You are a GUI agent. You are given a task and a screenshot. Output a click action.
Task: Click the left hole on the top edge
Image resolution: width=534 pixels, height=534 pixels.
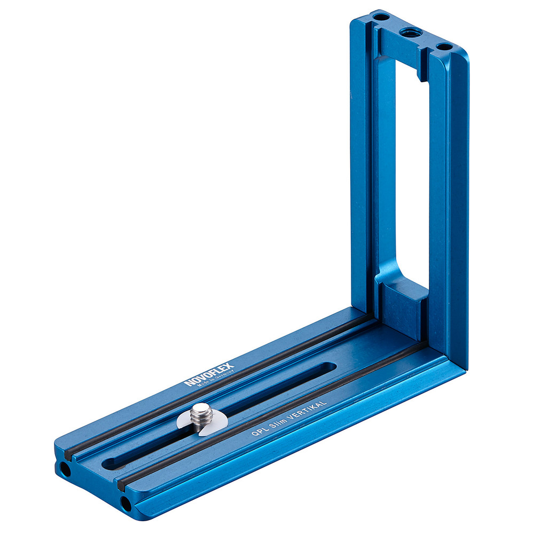380,18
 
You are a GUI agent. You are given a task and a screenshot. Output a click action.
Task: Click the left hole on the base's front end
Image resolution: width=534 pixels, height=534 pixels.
65,470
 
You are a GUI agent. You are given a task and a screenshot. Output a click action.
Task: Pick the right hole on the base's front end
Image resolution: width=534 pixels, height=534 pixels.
125,502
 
